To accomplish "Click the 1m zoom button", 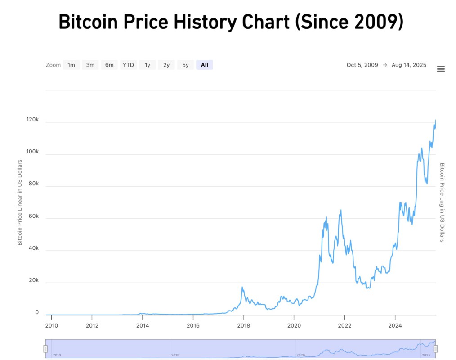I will (71, 65).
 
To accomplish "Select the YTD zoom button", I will (128, 65).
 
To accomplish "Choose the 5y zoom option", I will (185, 65).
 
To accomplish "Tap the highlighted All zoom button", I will (205, 65).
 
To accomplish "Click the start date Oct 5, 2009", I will (362, 65).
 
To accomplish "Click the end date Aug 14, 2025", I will (409, 65).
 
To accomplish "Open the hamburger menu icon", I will (441, 69).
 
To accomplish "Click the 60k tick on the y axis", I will (32, 216).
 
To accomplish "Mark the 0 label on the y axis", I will (37, 312).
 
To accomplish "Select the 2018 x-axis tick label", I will (243, 325).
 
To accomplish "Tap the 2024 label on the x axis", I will (395, 325).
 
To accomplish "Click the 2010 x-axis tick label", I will (52, 325).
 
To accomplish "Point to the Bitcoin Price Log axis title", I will (442, 202).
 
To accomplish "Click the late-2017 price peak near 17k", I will (242, 287).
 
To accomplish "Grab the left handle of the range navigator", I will (45, 349).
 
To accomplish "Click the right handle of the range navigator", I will (435, 349).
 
